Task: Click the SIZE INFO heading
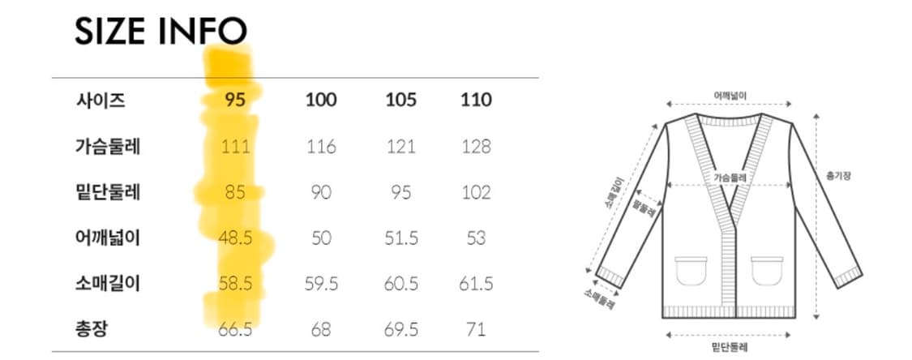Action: coord(161,32)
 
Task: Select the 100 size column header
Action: coord(321,100)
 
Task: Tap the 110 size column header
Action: coord(476,100)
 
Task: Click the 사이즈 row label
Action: coord(100,101)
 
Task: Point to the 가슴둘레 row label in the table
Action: coord(108,146)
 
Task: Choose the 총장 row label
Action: coord(92,330)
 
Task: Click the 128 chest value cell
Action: coord(476,146)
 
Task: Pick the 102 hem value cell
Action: coord(476,192)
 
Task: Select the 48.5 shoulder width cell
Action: coord(236,238)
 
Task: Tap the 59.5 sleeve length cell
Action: coord(321,284)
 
